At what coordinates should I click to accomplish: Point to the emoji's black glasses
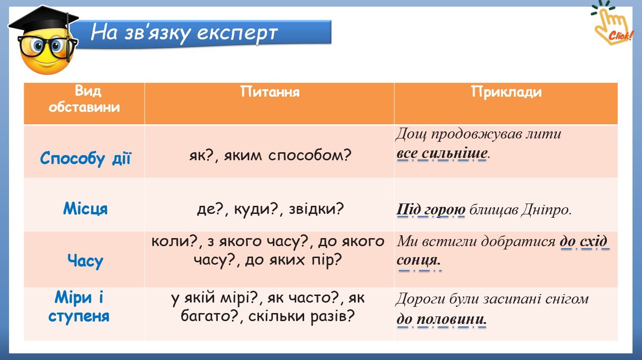coord(47,46)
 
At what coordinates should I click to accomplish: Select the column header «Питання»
coord(270,92)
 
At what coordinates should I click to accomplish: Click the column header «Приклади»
coord(506,92)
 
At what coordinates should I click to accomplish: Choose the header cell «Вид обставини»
coord(84,99)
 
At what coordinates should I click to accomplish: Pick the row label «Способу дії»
coord(85,158)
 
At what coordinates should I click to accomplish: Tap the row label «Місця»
coord(85,209)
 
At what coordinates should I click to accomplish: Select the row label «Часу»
coord(85,261)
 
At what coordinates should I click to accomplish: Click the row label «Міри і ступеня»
coord(79,306)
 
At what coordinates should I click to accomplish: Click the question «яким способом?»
coord(288,156)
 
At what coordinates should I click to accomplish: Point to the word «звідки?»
coord(316,209)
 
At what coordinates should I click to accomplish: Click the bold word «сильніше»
coord(454,153)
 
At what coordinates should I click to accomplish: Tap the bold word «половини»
coord(452,319)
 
